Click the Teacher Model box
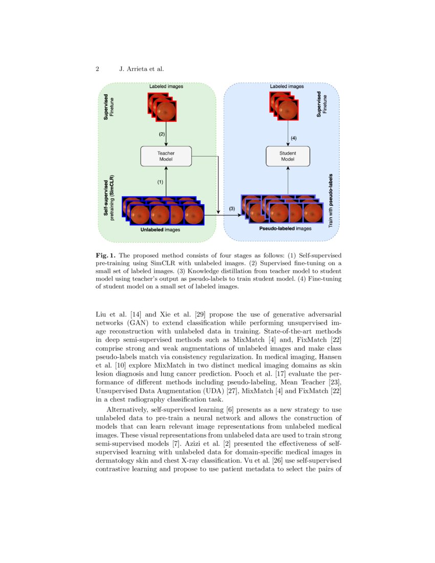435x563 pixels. point(166,156)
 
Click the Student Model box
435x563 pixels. point(288,156)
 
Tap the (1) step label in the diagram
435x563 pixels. point(160,182)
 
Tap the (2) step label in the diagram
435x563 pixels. point(162,134)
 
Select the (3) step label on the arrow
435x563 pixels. point(231,209)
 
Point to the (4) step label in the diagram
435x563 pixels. point(293,138)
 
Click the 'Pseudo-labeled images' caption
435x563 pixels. point(286,229)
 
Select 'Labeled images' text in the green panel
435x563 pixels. point(166,86)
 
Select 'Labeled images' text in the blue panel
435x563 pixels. point(287,86)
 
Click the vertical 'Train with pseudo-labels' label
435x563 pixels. point(331,200)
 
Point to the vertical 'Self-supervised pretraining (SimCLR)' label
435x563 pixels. point(109,197)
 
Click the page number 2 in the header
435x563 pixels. point(97,69)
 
